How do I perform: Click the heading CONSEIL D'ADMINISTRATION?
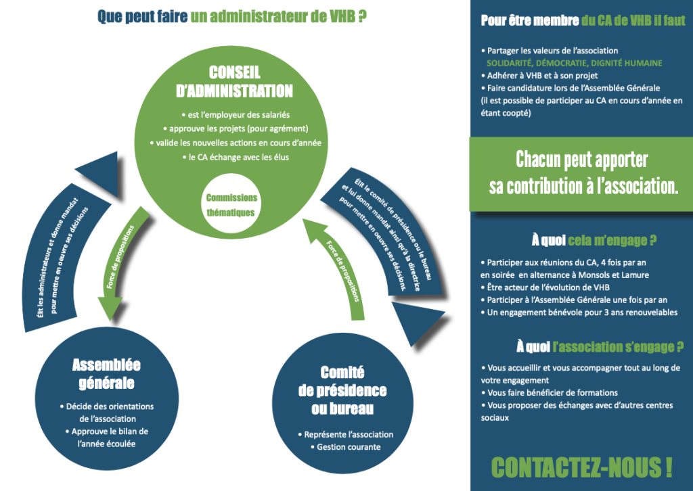pyautogui.click(x=234, y=82)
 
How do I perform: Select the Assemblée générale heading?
pyautogui.click(x=106, y=374)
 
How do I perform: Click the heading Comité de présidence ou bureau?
pyautogui.click(x=342, y=390)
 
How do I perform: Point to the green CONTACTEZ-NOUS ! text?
pyautogui.click(x=581, y=467)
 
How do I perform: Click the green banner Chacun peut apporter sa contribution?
pyautogui.click(x=582, y=173)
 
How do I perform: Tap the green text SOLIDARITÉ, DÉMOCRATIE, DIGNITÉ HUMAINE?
pyautogui.click(x=574, y=63)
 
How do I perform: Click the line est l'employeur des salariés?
pyautogui.click(x=234, y=114)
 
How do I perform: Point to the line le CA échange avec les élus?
pyautogui.click(x=234, y=158)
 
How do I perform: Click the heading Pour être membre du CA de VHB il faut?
pyautogui.click(x=583, y=20)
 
